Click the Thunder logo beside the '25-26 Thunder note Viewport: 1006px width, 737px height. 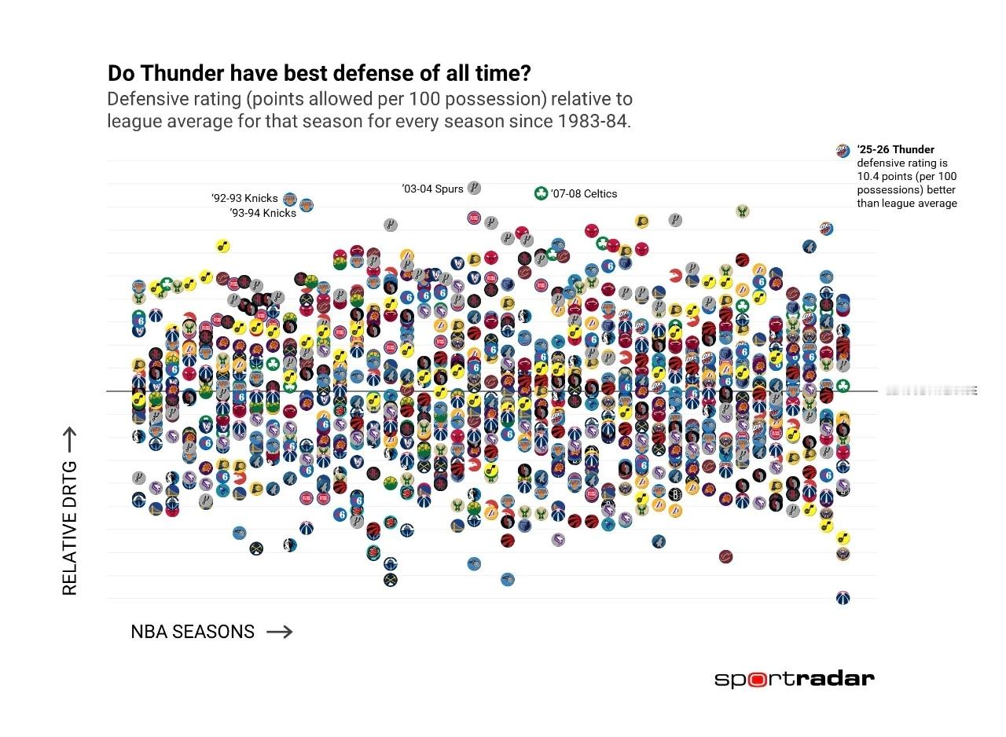(843, 150)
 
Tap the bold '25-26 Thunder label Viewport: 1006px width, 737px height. (895, 149)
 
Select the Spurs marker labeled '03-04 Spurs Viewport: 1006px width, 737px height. (474, 188)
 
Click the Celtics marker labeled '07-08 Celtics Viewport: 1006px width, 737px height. (541, 193)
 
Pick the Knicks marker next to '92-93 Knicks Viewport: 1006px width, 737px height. (289, 199)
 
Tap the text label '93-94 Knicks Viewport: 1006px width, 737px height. (263, 213)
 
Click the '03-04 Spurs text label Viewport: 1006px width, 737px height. (432, 189)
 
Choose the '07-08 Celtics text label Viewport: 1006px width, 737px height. (584, 194)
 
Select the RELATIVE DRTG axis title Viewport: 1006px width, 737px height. (70, 528)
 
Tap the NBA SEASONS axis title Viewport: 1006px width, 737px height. (193, 632)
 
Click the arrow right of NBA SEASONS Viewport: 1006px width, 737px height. (280, 632)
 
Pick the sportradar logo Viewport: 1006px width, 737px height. (794, 679)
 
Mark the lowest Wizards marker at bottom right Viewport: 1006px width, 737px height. (843, 598)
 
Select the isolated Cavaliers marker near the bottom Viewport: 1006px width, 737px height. (725, 556)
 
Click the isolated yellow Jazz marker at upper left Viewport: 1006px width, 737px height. (222, 246)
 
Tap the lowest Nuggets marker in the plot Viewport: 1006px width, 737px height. (390, 580)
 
